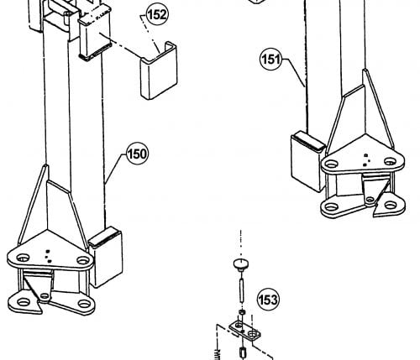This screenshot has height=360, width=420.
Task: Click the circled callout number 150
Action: (137, 154)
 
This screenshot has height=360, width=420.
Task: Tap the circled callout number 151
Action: (270, 59)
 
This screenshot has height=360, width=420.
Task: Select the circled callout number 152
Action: (157, 14)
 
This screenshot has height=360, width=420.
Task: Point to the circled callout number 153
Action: (268, 300)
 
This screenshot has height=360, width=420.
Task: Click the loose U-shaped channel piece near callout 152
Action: (159, 70)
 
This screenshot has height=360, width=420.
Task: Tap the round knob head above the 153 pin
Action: (241, 263)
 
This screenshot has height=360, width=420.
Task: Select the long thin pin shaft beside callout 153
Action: (241, 290)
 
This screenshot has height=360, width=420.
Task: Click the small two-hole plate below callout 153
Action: (244, 331)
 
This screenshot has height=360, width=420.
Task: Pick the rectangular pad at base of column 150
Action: (106, 258)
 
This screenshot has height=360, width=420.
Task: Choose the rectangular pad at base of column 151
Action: (308, 161)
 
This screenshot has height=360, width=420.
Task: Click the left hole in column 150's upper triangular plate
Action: (23, 258)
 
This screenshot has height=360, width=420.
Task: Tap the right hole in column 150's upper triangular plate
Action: (83, 261)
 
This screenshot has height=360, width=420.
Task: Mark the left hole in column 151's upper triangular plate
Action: (331, 164)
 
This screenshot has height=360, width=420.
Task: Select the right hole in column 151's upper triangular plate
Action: (390, 161)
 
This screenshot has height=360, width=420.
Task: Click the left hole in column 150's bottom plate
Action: (24, 302)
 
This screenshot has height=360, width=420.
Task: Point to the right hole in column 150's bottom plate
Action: (83, 304)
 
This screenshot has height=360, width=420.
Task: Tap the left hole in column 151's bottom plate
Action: (331, 207)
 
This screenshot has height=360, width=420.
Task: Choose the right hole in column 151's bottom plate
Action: (391, 206)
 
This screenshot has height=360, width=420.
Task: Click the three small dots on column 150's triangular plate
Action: (49, 256)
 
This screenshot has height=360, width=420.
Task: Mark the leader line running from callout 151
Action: (293, 72)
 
